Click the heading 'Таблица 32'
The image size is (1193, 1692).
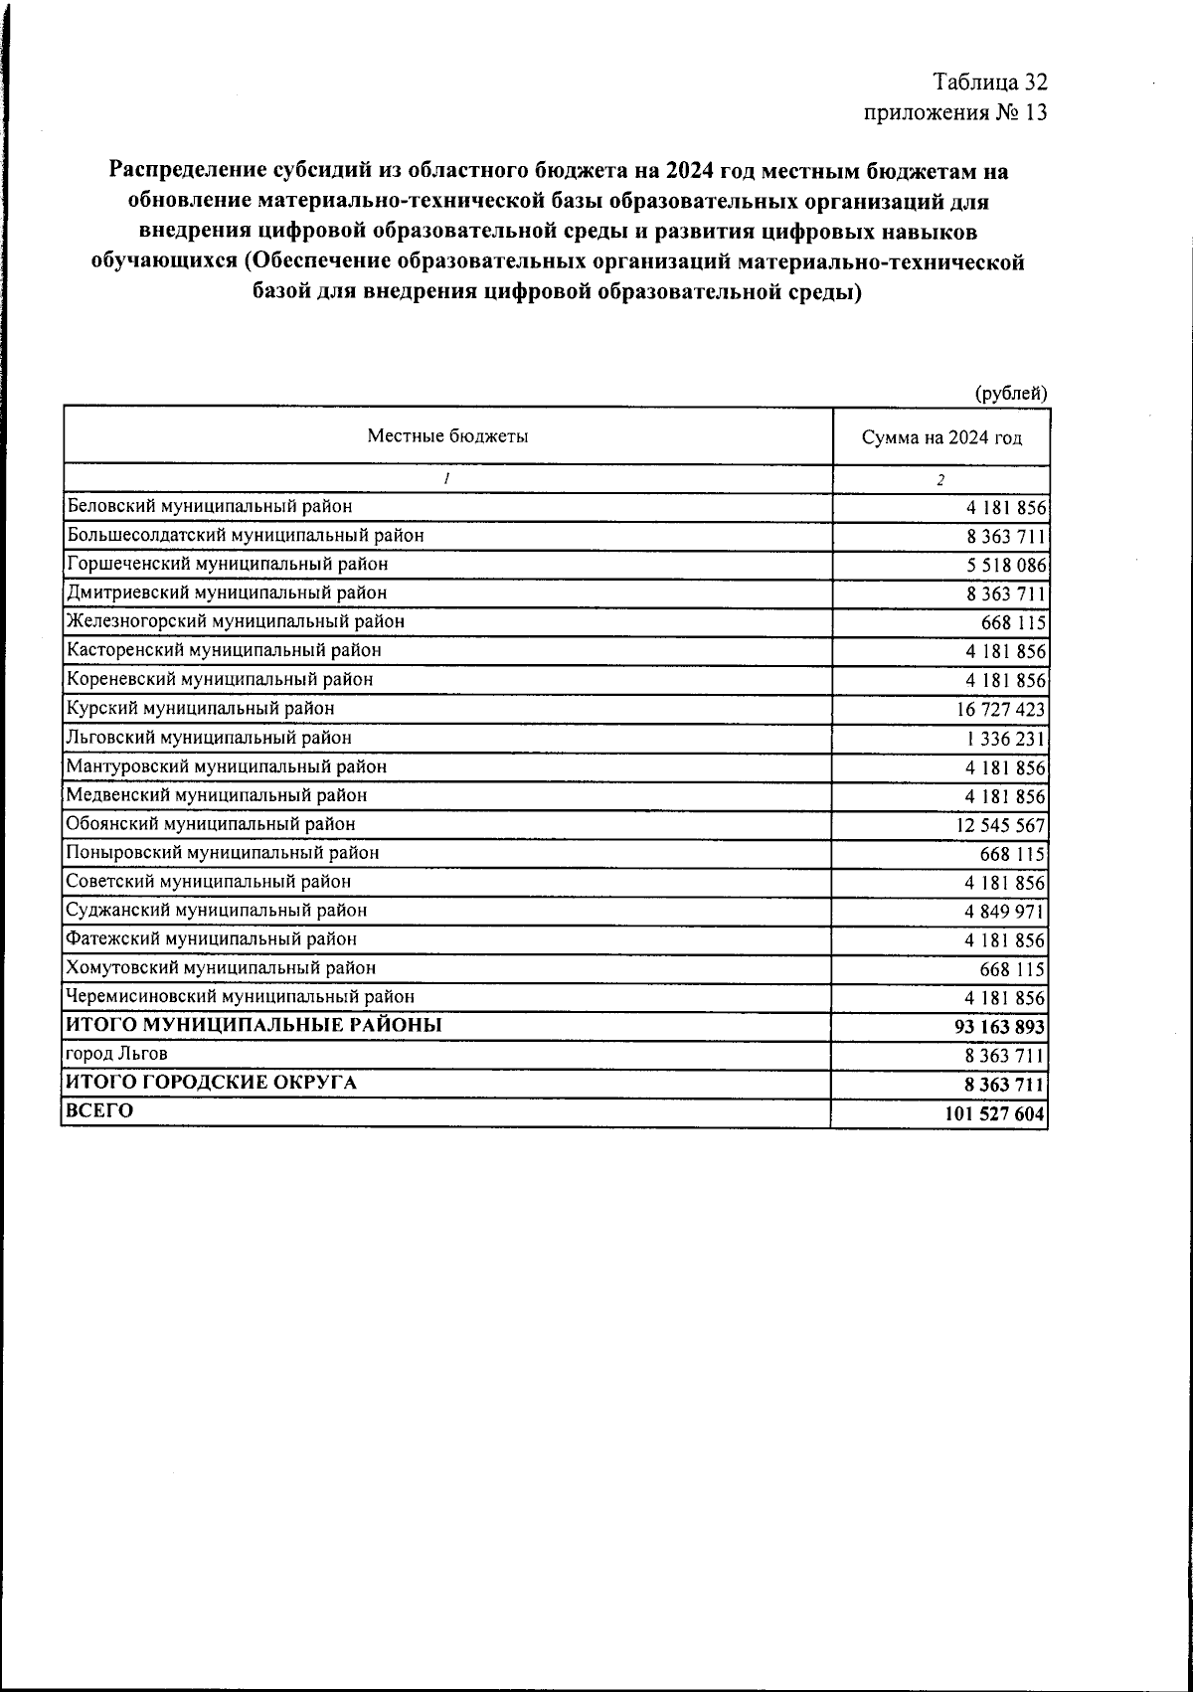pos(990,82)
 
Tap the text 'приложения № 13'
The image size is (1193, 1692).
pos(955,112)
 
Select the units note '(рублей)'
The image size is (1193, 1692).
pos(1011,393)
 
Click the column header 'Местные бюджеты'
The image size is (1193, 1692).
pos(447,435)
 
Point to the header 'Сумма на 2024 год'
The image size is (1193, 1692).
pos(941,438)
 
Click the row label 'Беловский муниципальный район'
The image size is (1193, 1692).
pos(209,506)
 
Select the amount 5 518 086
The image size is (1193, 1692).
pos(1005,565)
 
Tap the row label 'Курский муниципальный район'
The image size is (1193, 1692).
pos(200,709)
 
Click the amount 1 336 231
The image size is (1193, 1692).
pos(1004,739)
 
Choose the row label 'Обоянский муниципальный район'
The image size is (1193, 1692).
pos(211,824)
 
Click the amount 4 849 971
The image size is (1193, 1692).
pos(1005,912)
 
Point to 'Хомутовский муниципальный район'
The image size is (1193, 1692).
pos(221,967)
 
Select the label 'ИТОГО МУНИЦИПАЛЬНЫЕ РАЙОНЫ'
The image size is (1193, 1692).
pos(254,1025)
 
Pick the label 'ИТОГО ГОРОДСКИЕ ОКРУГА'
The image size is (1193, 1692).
pos(211,1083)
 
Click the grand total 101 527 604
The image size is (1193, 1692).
pos(995,1113)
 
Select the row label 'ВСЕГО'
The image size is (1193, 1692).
pos(99,1111)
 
